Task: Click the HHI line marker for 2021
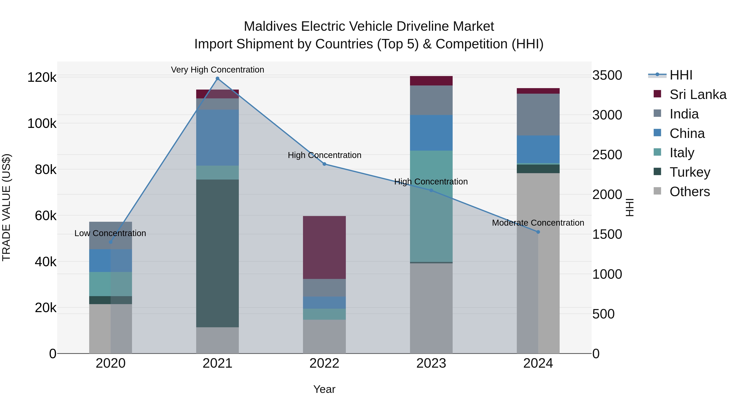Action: pos(218,78)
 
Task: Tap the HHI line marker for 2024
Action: pos(538,232)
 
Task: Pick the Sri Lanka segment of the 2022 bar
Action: pos(324,247)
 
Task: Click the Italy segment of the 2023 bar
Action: pos(431,206)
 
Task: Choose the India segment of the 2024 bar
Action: pos(538,115)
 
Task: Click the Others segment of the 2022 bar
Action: pos(324,337)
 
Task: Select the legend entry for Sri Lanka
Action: pos(697,94)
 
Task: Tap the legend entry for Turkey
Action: pos(690,172)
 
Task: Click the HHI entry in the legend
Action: pos(681,75)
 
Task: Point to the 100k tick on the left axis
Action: pos(42,124)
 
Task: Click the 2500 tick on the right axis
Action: pos(607,155)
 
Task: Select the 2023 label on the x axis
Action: pos(431,363)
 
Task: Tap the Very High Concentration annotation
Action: pos(218,70)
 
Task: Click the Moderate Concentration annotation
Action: pos(538,223)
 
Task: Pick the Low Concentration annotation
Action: pos(110,233)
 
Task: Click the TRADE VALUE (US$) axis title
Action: pos(7,207)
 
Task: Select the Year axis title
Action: pos(324,389)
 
